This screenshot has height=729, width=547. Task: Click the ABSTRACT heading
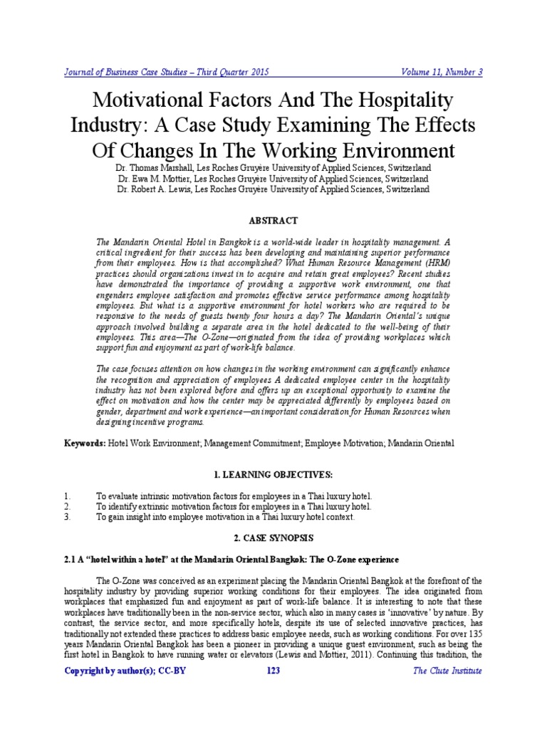pyautogui.click(x=273, y=221)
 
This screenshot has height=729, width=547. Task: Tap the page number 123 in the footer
pyautogui.click(x=273, y=671)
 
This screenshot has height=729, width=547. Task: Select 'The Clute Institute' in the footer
pyautogui.click(x=449, y=671)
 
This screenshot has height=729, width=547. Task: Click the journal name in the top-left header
pyautogui.click(x=167, y=72)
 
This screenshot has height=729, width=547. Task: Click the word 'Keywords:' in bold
pyautogui.click(x=84, y=443)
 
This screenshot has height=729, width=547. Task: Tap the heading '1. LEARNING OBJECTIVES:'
pyautogui.click(x=273, y=474)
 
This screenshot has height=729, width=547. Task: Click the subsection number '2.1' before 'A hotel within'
pyautogui.click(x=71, y=560)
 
